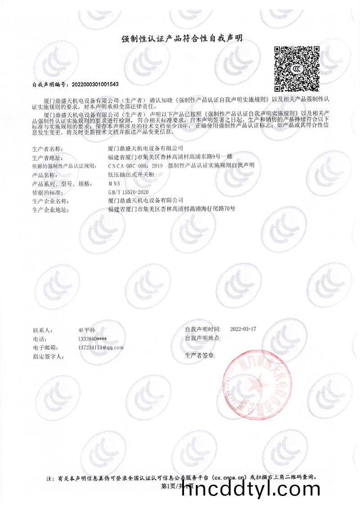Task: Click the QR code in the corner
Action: pyautogui.click(x=297, y=68)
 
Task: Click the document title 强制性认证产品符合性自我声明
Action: pyautogui.click(x=182, y=39)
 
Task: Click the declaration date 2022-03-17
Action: pyautogui.click(x=243, y=329)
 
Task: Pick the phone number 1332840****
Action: pyautogui.click(x=92, y=338)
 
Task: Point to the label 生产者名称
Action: pyautogui.click(x=47, y=149)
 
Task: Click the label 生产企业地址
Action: pyautogui.click(x=50, y=209)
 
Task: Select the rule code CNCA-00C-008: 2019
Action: pyautogui.click(x=136, y=166)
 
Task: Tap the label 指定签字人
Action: pyautogui.click(x=49, y=356)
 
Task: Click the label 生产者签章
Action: pyautogui.click(x=200, y=356)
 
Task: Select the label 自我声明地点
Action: pyautogui.click(x=203, y=338)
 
